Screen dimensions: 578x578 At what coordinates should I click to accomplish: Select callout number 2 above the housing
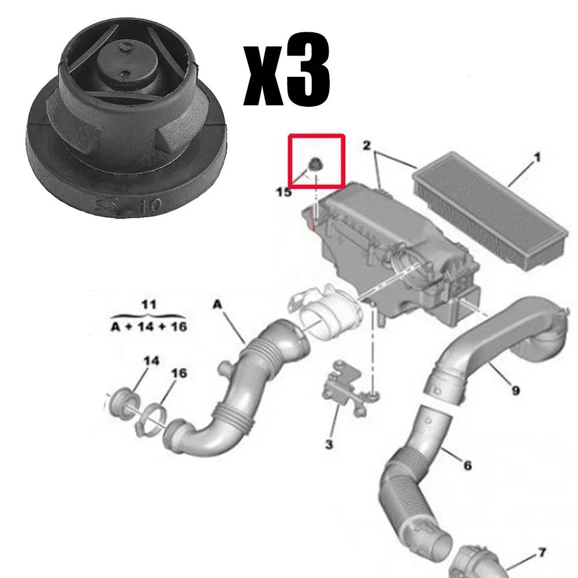coord(366,146)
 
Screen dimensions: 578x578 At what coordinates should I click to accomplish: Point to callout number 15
coord(284,192)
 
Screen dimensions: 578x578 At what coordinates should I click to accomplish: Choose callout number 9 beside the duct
coord(515,391)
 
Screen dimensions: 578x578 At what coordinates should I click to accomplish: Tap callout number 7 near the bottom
coord(541,553)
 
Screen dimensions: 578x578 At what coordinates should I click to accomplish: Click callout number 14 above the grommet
coord(151,361)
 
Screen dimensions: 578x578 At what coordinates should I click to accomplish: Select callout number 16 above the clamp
coord(179,374)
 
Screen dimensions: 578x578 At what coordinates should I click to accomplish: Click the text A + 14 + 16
coord(148,327)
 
